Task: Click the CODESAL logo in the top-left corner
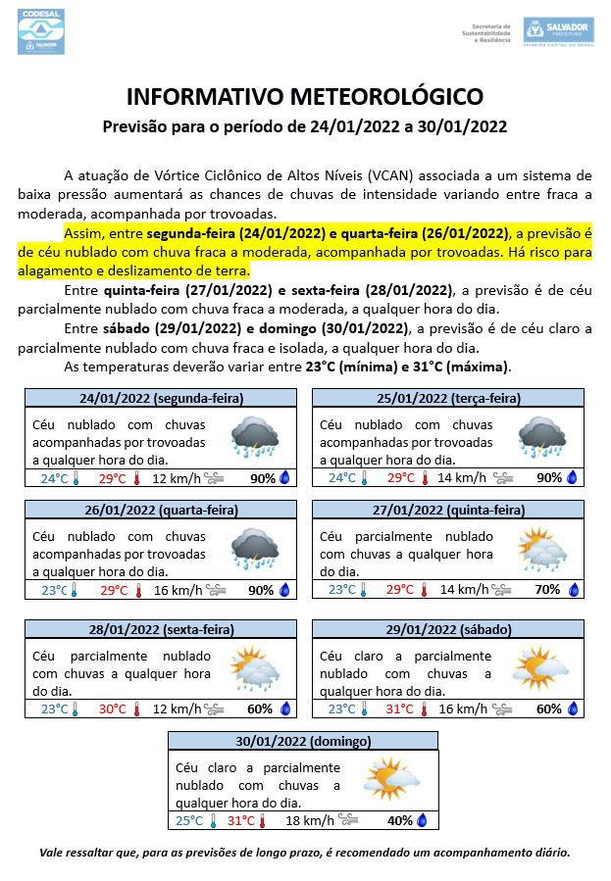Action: click(x=40, y=31)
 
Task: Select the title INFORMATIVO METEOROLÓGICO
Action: click(x=305, y=97)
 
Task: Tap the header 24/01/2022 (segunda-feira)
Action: click(x=161, y=399)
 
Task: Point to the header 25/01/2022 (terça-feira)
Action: click(x=449, y=399)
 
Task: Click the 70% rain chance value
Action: click(x=547, y=590)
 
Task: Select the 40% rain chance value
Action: click(x=399, y=821)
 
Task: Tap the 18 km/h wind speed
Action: click(x=304, y=821)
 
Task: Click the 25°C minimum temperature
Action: click(x=189, y=821)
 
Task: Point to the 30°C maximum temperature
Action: click(x=113, y=710)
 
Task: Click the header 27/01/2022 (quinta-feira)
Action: click(x=449, y=511)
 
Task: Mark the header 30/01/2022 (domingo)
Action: click(x=305, y=741)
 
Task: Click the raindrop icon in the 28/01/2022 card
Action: click(x=284, y=710)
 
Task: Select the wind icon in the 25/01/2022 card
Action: click(x=502, y=478)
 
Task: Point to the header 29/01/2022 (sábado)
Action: click(x=449, y=629)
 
